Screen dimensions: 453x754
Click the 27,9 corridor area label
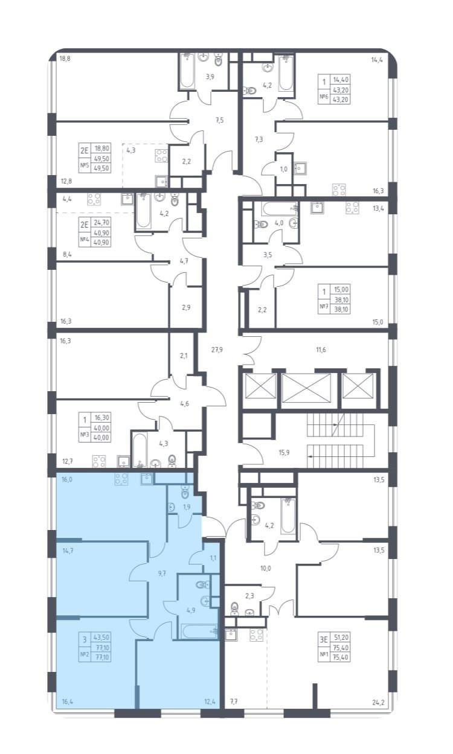(x=217, y=350)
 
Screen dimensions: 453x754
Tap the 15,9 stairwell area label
(x=284, y=452)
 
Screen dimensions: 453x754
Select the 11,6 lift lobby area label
(x=321, y=350)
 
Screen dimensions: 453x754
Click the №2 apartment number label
(x=84, y=654)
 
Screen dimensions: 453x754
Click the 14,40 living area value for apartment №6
(x=341, y=80)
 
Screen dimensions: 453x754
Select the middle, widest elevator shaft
(x=306, y=388)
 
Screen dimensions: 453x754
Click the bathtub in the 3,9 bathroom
(x=186, y=71)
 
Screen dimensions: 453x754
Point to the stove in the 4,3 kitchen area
(x=161, y=156)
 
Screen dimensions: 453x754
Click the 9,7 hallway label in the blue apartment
(x=162, y=573)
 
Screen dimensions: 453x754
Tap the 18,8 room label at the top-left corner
(x=65, y=59)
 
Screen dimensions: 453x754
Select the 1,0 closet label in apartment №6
(x=284, y=169)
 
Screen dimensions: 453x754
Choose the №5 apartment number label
(x=84, y=165)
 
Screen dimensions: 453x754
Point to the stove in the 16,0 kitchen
(x=121, y=479)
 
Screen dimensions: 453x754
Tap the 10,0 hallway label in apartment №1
(x=265, y=568)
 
